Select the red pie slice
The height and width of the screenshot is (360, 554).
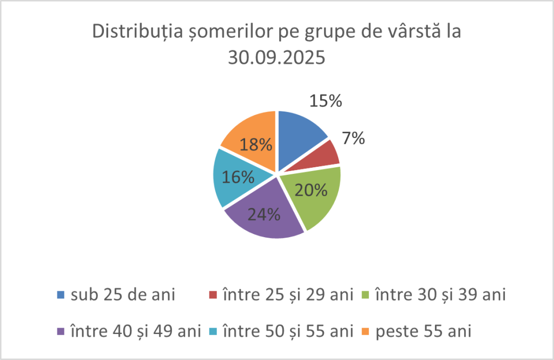325,154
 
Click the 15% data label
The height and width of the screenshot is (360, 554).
325,101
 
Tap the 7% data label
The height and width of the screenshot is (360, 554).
353,139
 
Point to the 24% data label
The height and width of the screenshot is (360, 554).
263,214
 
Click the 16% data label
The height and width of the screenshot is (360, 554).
238,177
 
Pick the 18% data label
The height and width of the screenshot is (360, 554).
256,145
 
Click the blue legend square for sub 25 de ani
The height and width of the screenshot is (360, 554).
61,295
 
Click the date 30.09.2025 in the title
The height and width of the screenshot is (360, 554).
277,57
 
